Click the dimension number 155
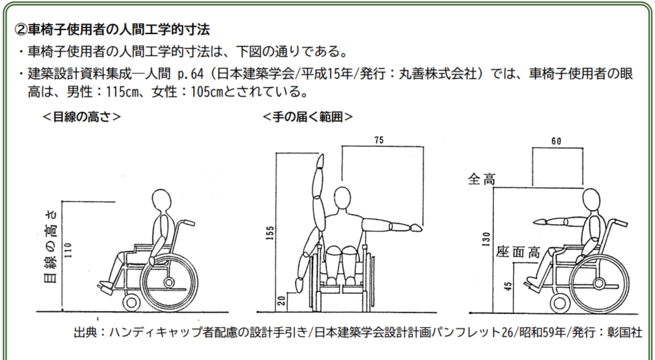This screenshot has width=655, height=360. click(271, 233)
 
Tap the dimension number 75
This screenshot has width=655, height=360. click(379, 141)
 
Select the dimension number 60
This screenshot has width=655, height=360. click(557, 141)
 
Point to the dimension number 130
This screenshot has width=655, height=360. click(486, 239)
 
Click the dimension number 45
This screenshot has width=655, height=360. click(508, 286)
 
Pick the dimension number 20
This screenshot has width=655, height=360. click(281, 301)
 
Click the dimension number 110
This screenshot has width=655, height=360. click(68, 250)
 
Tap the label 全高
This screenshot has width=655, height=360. click(482, 179)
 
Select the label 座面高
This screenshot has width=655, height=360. click(518, 252)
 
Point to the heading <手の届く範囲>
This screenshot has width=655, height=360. click(308, 117)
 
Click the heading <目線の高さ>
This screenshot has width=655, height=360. click(82, 117)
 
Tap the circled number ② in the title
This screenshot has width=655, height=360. click(20, 30)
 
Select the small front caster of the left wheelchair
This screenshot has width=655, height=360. click(131, 302)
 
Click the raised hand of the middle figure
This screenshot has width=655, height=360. click(321, 160)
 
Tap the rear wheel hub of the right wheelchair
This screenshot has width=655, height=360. click(599, 283)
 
